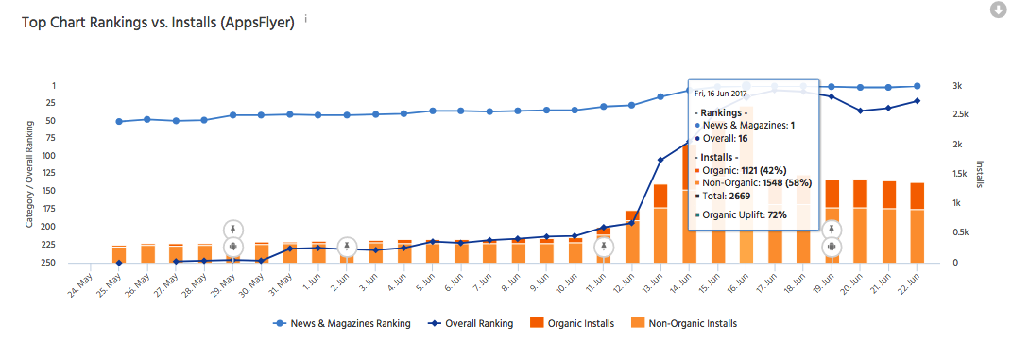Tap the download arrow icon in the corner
click(x=998, y=9)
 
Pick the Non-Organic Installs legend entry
click(x=686, y=323)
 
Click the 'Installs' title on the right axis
click(x=979, y=175)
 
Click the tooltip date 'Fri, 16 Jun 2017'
click(x=727, y=94)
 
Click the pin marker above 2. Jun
click(x=348, y=247)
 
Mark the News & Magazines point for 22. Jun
click(x=917, y=86)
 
